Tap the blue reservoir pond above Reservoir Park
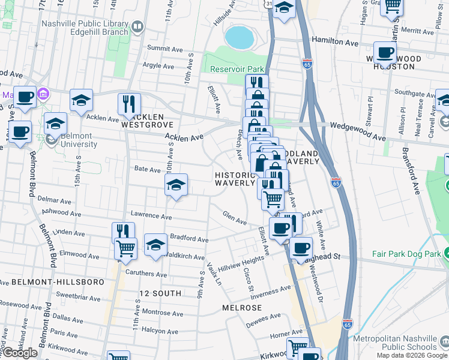coord(239,37)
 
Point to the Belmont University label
coord(71,140)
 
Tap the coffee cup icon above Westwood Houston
coord(385,52)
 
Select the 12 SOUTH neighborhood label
coord(160,293)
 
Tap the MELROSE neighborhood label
coord(242,307)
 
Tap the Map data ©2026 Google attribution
coord(412,355)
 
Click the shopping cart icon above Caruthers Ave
coord(125,247)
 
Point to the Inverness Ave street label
coord(270,293)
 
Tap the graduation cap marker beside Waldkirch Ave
coord(155,244)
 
